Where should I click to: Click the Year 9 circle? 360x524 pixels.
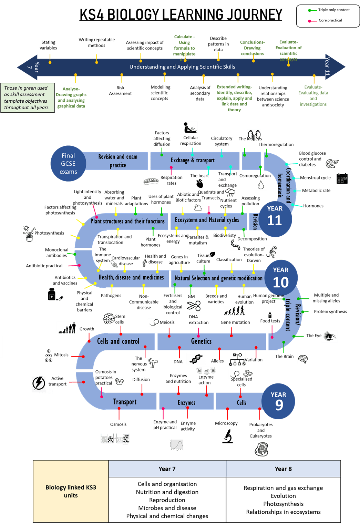pyautogui.click(x=278, y=401)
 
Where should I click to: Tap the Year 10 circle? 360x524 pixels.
pyautogui.click(x=281, y=278)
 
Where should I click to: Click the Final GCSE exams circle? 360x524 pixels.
pyautogui.click(x=68, y=164)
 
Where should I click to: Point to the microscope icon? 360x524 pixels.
pyautogui.click(x=227, y=436)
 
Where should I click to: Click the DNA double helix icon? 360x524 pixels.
pyautogui.click(x=196, y=359)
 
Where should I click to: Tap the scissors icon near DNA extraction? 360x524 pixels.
pyautogui.click(x=194, y=306)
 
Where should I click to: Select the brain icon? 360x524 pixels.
pyautogui.click(x=303, y=359)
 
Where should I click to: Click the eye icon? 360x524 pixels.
pyautogui.click(x=330, y=336)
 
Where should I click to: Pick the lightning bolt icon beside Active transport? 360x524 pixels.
pyautogui.click(x=39, y=383)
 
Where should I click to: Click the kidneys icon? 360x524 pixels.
pyautogui.click(x=254, y=135)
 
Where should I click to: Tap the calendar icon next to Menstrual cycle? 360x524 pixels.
pyautogui.click(x=342, y=178)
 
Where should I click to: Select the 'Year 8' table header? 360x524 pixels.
pyautogui.click(x=283, y=469)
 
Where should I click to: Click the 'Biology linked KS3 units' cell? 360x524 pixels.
pyautogui.click(x=71, y=491)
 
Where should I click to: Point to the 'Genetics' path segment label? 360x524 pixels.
pyautogui.click(x=201, y=341)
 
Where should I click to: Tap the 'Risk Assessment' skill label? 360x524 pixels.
pyautogui.click(x=120, y=91)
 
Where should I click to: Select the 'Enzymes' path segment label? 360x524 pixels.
pyautogui.click(x=186, y=402)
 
